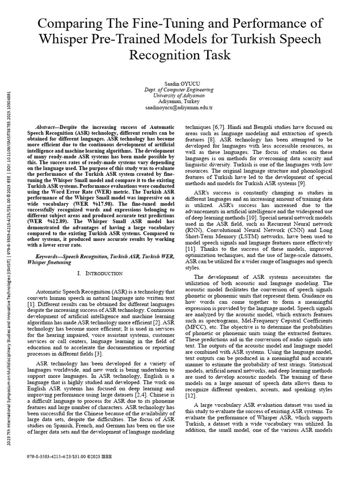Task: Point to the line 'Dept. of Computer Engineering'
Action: click(179, 89)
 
